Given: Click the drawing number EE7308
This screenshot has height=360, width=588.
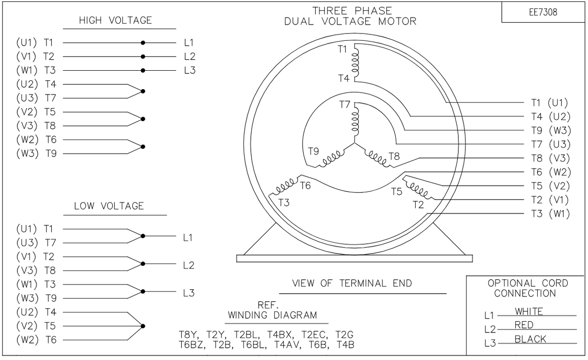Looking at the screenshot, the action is pyautogui.click(x=543, y=12).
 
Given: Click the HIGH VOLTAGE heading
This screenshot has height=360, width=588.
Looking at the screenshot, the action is pyautogui.click(x=115, y=20).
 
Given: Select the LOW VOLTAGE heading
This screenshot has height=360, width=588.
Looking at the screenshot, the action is pyautogui.click(x=109, y=206).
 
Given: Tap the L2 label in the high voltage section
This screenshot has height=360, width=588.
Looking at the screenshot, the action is pyautogui.click(x=190, y=57).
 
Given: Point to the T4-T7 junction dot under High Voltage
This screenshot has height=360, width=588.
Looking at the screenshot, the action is pyautogui.click(x=143, y=92).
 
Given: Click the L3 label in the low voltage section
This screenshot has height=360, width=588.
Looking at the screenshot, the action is pyautogui.click(x=189, y=293).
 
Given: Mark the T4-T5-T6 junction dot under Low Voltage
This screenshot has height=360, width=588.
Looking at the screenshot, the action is pyautogui.click(x=143, y=326).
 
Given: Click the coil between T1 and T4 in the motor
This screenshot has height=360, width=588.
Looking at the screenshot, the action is pyautogui.click(x=355, y=63).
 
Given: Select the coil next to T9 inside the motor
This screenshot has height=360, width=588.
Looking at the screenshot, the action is pyautogui.click(x=332, y=158).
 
